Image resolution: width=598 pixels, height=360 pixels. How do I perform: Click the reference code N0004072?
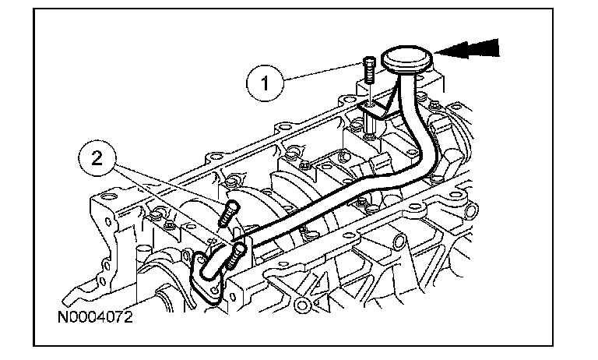pyautogui.click(x=95, y=319)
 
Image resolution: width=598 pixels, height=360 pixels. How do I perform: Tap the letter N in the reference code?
pyautogui.click(x=62, y=319)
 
